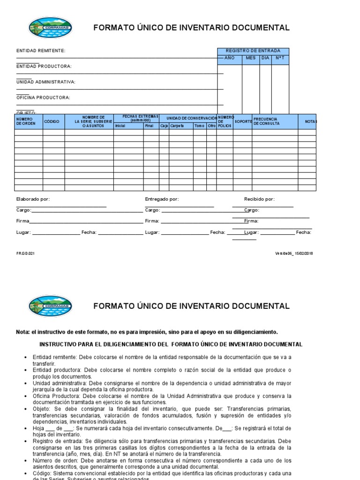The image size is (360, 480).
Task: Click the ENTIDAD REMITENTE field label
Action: pos(41,51)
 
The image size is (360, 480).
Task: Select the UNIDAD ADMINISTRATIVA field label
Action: pos(46,82)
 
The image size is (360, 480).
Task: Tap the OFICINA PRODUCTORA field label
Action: pos(43,97)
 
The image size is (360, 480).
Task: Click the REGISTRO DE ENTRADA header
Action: pos(253,51)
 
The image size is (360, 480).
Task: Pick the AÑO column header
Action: pos(229,58)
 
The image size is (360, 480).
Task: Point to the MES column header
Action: pos(251,58)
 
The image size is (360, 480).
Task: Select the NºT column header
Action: pos(280,58)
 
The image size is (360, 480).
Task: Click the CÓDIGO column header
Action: pos(52,121)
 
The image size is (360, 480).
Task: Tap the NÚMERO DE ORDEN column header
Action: pos(26,121)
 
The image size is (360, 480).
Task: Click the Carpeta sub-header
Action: pos(177,126)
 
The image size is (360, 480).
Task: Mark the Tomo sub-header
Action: pos(199,126)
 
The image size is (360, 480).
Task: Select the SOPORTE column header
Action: pos(243,121)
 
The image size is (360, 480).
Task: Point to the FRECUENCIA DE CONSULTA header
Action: pos(266,121)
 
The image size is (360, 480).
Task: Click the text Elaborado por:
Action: pos(33,199)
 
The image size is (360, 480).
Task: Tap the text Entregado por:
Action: pos(162,199)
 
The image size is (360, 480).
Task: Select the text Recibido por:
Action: pos(259,199)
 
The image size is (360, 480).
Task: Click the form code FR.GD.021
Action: pos(26,254)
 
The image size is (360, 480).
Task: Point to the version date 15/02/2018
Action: pos(304,254)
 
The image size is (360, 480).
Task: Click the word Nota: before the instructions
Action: pos(22,332)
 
